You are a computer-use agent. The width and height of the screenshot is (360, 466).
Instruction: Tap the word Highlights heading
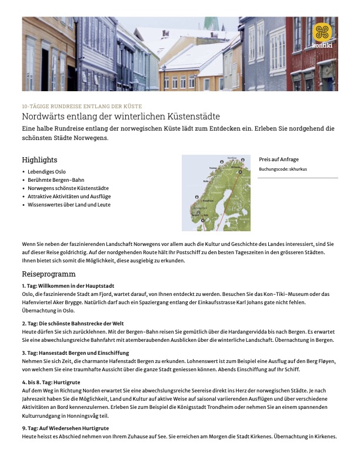point(39,160)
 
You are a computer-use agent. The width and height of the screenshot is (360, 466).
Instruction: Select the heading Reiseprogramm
point(49,274)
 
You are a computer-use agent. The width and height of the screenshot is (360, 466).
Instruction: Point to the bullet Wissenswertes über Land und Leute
point(69,205)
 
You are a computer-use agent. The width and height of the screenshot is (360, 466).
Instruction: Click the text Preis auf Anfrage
point(279,159)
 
